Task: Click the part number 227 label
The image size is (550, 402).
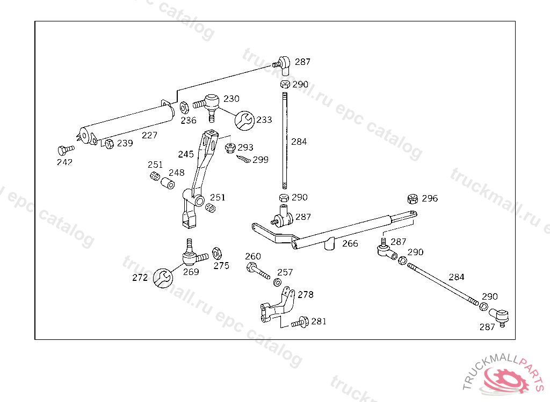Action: [x=149, y=135]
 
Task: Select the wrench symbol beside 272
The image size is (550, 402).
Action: [x=163, y=278]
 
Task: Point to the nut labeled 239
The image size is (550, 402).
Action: [x=109, y=143]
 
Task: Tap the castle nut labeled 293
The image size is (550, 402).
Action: [x=230, y=147]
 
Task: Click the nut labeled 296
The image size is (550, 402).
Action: [x=413, y=199]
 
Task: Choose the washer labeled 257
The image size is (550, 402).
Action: [x=277, y=282]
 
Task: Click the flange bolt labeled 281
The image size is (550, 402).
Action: [x=299, y=323]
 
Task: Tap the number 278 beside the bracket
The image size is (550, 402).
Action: [x=305, y=295]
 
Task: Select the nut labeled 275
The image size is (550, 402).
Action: [x=217, y=252]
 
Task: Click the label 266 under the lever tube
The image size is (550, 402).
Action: [x=350, y=243]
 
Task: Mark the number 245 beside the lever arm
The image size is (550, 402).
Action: [x=186, y=154]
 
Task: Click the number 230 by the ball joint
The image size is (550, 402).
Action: [x=231, y=99]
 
